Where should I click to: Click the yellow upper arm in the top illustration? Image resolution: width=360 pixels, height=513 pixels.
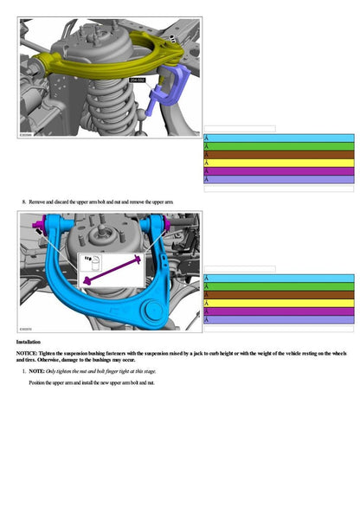87,62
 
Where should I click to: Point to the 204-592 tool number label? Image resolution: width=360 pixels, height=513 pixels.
136,80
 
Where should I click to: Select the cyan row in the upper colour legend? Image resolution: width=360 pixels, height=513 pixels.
278,138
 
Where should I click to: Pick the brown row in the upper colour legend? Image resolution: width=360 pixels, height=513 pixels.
278,155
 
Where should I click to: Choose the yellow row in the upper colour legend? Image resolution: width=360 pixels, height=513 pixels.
278,163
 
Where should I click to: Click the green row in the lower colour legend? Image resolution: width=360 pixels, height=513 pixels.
278,286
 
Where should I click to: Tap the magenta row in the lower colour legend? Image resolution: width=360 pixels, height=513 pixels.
278,311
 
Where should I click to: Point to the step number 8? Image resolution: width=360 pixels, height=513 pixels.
23,202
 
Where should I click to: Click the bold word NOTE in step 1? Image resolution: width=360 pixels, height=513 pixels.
35,370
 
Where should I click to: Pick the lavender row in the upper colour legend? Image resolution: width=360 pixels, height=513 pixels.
278,180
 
